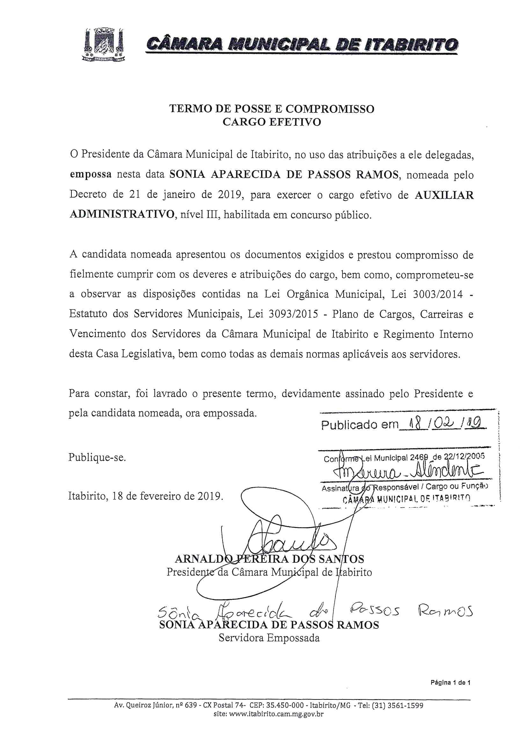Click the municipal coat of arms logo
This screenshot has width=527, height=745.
(103, 45)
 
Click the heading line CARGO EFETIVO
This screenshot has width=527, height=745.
(271, 122)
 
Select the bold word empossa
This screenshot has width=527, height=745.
(91, 175)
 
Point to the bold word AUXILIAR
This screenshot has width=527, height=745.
(444, 195)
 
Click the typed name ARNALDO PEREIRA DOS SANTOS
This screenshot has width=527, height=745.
(269, 559)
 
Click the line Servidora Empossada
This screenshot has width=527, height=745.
(269, 638)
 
